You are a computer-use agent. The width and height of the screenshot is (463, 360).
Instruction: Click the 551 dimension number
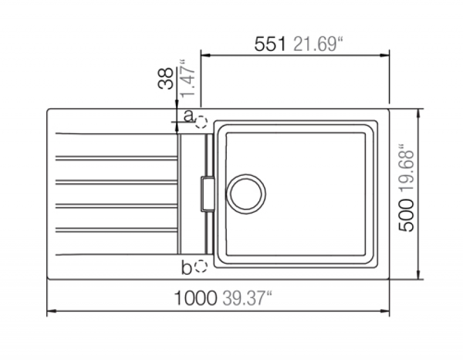[270, 45]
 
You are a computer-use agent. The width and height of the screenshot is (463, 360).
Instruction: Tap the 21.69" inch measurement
[318, 45]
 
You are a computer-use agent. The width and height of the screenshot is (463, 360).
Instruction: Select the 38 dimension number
[166, 78]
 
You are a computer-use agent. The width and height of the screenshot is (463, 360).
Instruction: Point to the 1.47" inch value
[188, 78]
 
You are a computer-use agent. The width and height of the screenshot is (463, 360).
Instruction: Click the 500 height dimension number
[406, 215]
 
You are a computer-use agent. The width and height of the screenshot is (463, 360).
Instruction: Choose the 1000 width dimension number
[196, 298]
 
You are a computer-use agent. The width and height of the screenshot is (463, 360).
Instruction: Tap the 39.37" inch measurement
[247, 297]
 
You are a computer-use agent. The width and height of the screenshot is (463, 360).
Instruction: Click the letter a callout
[189, 116]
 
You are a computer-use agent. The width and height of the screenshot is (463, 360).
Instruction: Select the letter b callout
[186, 268]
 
